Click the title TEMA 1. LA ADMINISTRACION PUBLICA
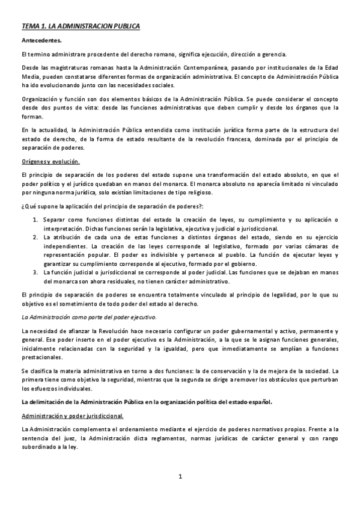tap(81, 26)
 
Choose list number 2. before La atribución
tap(35, 238)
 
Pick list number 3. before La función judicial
tap(35, 272)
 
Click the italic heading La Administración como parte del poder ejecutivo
tap(88, 316)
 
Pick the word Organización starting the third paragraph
tap(41, 99)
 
